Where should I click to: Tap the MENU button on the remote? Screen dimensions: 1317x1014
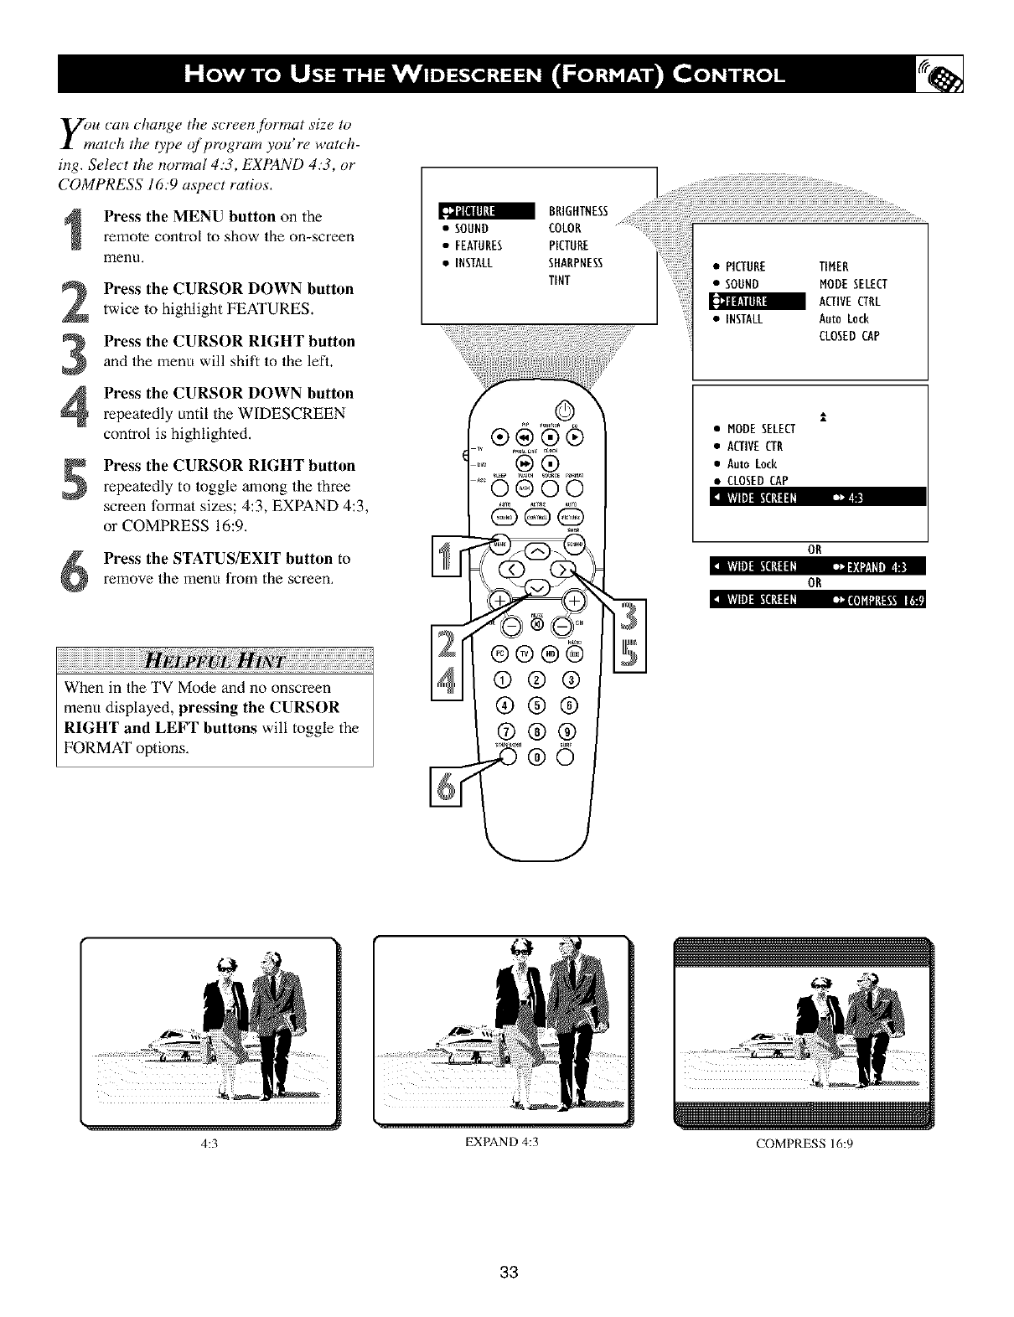tap(499, 543)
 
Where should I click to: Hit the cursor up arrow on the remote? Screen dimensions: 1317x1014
tap(536, 550)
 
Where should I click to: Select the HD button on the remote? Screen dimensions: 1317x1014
tap(550, 654)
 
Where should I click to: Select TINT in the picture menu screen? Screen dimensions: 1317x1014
tap(559, 280)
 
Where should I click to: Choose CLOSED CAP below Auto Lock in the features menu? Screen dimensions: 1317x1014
tap(848, 337)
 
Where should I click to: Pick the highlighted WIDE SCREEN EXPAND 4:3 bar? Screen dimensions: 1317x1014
tap(815, 566)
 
